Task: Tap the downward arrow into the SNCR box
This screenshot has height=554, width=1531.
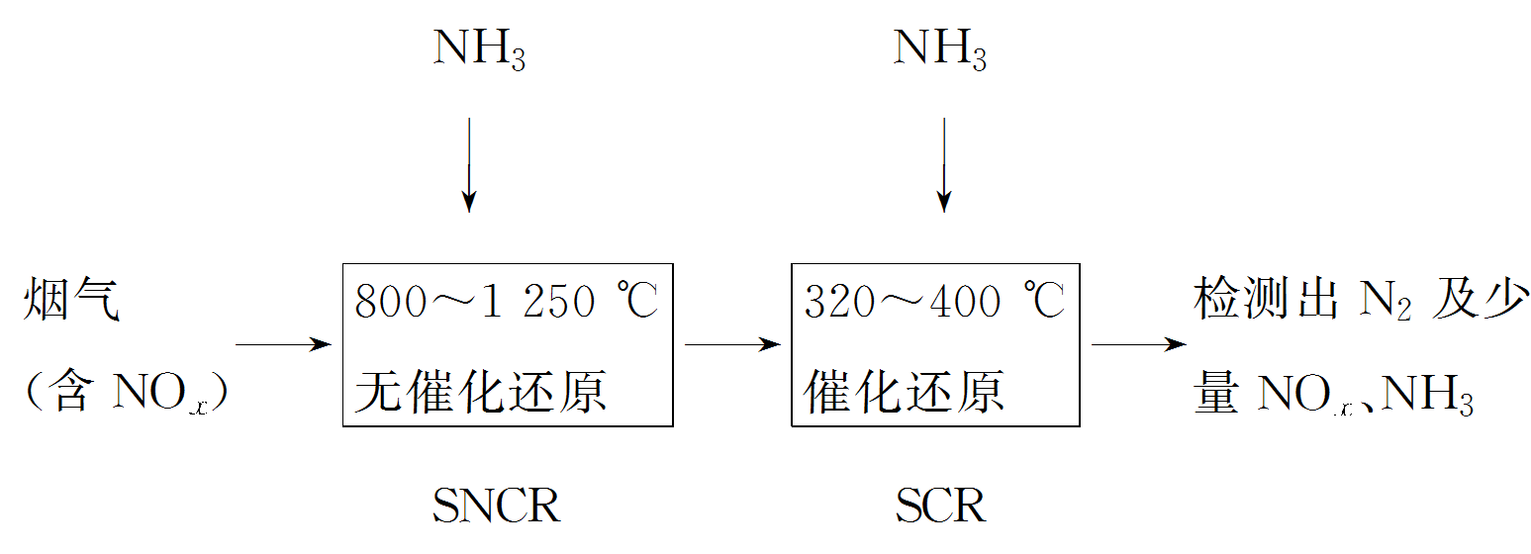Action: (x=469, y=164)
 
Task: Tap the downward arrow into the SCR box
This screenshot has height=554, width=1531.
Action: (x=944, y=164)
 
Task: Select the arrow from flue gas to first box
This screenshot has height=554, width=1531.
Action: (x=283, y=344)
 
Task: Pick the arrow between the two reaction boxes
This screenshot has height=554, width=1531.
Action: (x=732, y=344)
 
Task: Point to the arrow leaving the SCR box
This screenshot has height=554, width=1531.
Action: (x=1138, y=344)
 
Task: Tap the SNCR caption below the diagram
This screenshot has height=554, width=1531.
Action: (x=497, y=508)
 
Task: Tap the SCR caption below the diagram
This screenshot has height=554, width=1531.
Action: (x=941, y=508)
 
